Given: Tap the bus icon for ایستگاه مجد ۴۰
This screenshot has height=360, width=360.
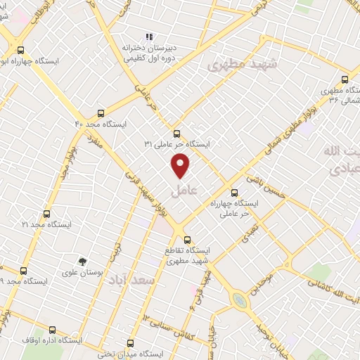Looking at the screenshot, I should (101, 112).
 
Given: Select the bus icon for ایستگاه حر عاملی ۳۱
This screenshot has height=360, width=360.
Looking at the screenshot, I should (176, 132).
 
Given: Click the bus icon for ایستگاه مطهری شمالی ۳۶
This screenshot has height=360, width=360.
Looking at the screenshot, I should (345, 79).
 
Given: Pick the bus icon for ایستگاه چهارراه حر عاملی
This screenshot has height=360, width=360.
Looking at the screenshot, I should (235, 191).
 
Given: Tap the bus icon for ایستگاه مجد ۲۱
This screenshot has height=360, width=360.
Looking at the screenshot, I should (47, 213).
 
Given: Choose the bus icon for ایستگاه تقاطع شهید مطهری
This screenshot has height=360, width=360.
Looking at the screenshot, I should (187, 238).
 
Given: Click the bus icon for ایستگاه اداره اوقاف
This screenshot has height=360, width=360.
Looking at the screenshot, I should (53, 329).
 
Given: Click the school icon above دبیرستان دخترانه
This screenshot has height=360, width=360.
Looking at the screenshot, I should (148, 37).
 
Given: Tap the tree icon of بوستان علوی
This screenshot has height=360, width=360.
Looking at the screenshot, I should (84, 261).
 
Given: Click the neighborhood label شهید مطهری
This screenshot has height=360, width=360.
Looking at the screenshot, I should (243, 65).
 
